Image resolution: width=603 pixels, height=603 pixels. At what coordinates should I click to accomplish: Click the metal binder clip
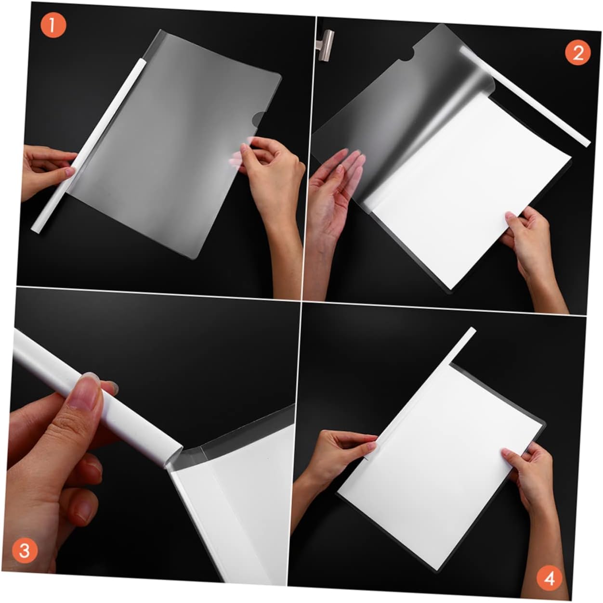(x=326, y=44)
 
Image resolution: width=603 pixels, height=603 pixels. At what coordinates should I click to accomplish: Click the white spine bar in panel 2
(x=524, y=96)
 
